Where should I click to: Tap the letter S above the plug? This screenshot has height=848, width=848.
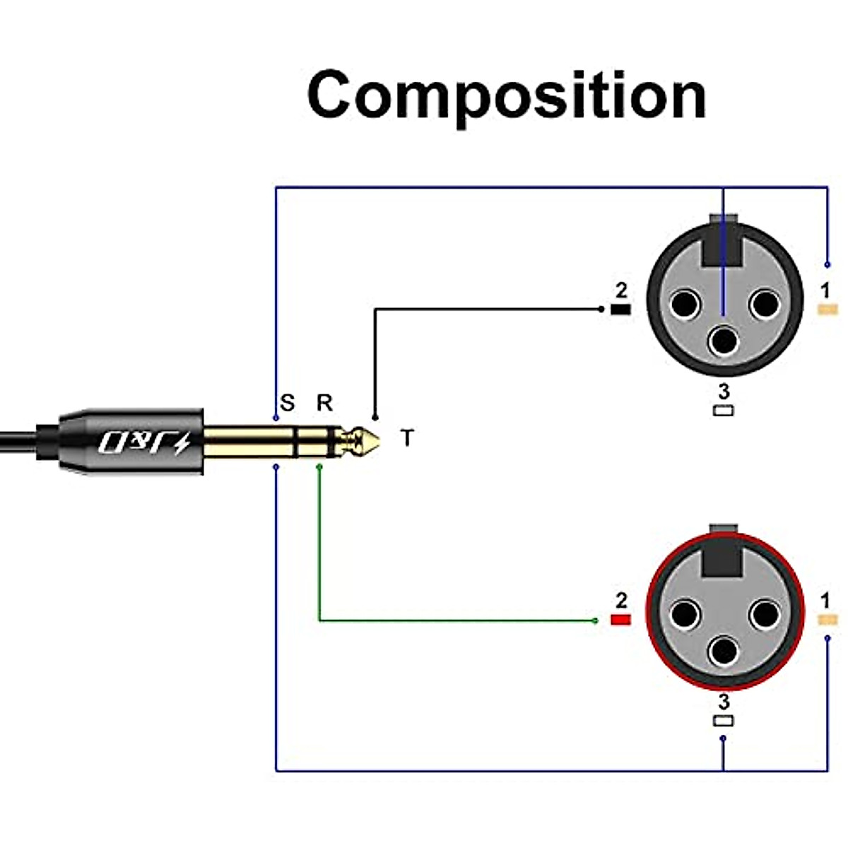tap(287, 404)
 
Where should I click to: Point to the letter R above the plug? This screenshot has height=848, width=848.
tap(324, 403)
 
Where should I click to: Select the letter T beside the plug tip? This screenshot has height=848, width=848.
tap(406, 438)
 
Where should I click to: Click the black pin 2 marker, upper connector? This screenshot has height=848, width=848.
tap(620, 310)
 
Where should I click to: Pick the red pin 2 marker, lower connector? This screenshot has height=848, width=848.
tap(620, 620)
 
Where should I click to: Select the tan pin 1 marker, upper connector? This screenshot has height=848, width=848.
tap(827, 309)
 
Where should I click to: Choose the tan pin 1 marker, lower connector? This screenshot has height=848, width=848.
tap(827, 620)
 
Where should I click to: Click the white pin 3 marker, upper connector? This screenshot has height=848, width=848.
tap(723, 411)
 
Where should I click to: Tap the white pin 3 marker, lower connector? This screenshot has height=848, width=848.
tap(723, 722)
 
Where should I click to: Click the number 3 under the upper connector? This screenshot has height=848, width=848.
tap(723, 391)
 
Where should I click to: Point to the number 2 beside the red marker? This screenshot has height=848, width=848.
tap(621, 601)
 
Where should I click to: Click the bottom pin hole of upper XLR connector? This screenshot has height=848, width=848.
tap(724, 341)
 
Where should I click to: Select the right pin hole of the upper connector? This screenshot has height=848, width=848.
tap(764, 305)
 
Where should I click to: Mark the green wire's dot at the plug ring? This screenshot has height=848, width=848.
tap(319, 466)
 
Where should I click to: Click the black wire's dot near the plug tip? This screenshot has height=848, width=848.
tap(375, 417)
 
